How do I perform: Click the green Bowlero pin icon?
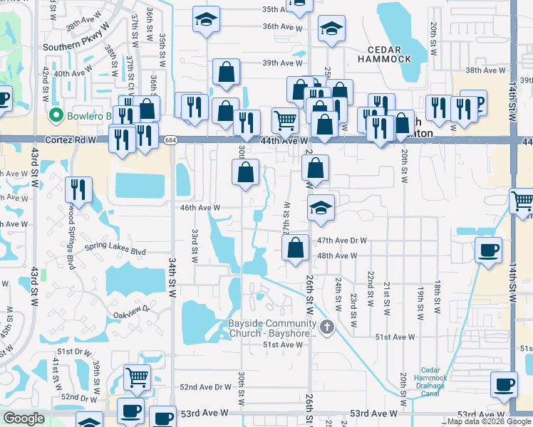tap(55, 115)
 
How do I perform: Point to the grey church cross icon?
tap(327, 327)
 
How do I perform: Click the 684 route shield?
tap(170, 140)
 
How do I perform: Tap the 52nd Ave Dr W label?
tap(206, 388)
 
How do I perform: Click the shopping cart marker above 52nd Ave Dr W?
tap(136, 377)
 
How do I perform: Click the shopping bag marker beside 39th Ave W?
tap(226, 72)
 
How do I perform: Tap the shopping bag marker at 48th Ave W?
tap(295, 248)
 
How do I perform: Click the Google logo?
tap(24, 418)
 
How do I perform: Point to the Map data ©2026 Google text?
tap(490, 421)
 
